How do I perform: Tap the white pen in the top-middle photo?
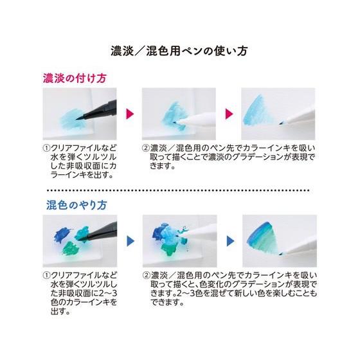click(199, 120)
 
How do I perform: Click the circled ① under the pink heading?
click(46, 147)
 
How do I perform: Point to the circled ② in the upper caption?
click(145, 147)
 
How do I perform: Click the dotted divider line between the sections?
click(179, 191)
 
